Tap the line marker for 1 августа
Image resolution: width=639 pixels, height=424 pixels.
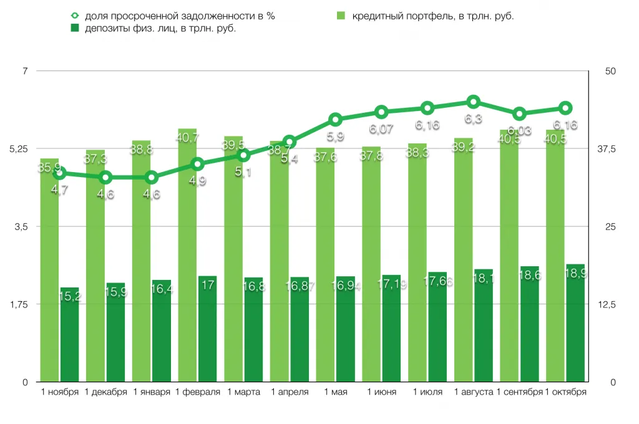[x=474, y=102]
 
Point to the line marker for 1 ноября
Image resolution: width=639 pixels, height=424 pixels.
[x=60, y=173]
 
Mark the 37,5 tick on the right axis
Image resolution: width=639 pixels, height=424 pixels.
[x=607, y=149]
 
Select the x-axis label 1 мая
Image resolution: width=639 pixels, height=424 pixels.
[x=335, y=392]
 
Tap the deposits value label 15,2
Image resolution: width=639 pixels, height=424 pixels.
[x=69, y=297]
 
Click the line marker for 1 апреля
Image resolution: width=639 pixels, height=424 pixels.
[x=290, y=142]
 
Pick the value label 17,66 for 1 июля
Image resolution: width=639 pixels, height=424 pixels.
[x=437, y=282]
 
